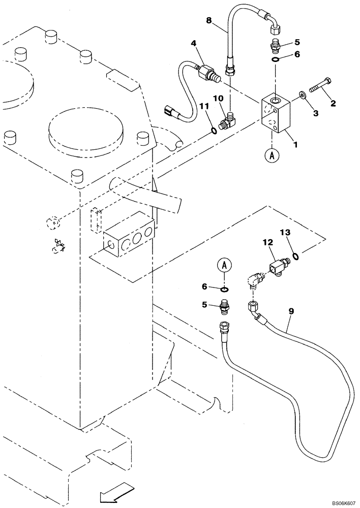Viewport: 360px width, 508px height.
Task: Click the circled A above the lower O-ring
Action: coord(224,265)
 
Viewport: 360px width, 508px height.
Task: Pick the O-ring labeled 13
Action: coord(295,256)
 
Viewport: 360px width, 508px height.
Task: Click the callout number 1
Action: coord(294,146)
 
